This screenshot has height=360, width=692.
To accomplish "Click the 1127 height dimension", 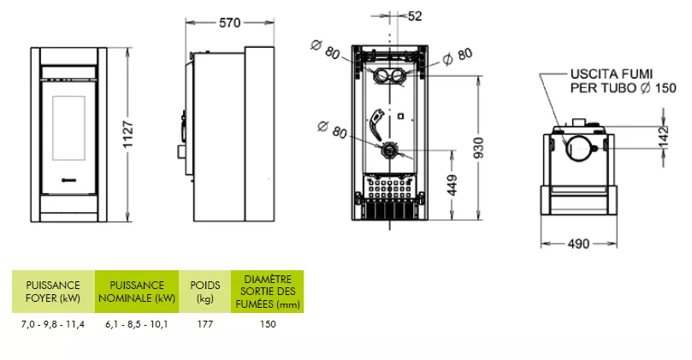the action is (128, 134).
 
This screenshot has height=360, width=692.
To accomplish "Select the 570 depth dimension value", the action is (230, 22).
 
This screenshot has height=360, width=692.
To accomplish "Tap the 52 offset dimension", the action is (415, 16).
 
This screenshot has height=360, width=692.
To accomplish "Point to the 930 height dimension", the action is (478, 148).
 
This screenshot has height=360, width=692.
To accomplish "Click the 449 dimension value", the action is (452, 186).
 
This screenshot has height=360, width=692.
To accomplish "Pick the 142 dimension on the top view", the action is (663, 137).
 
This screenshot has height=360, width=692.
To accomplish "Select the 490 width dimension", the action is (578, 244).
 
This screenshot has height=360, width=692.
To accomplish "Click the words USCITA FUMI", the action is (612, 74).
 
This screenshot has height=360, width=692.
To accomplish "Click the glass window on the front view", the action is (68, 128).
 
